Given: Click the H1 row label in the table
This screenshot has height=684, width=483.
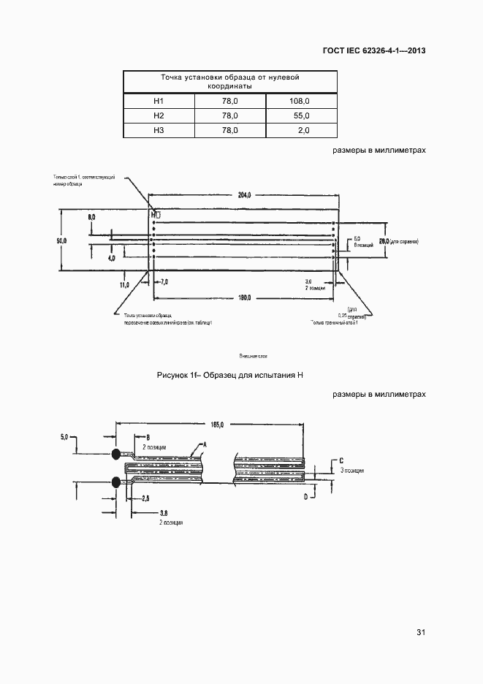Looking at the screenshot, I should [159, 101].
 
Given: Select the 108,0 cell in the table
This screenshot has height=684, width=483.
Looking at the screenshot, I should [300, 101].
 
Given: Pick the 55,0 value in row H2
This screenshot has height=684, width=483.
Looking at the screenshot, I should [300, 115].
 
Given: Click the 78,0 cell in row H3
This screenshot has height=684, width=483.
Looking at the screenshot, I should [230, 130].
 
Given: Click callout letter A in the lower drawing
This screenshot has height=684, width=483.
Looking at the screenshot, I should [205, 444].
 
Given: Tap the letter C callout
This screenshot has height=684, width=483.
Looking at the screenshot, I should [341, 460].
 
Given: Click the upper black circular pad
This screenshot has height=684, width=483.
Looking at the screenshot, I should [117, 455].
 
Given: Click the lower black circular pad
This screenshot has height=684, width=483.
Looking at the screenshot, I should [117, 481].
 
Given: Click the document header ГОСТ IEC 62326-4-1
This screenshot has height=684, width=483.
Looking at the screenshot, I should [373, 50].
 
